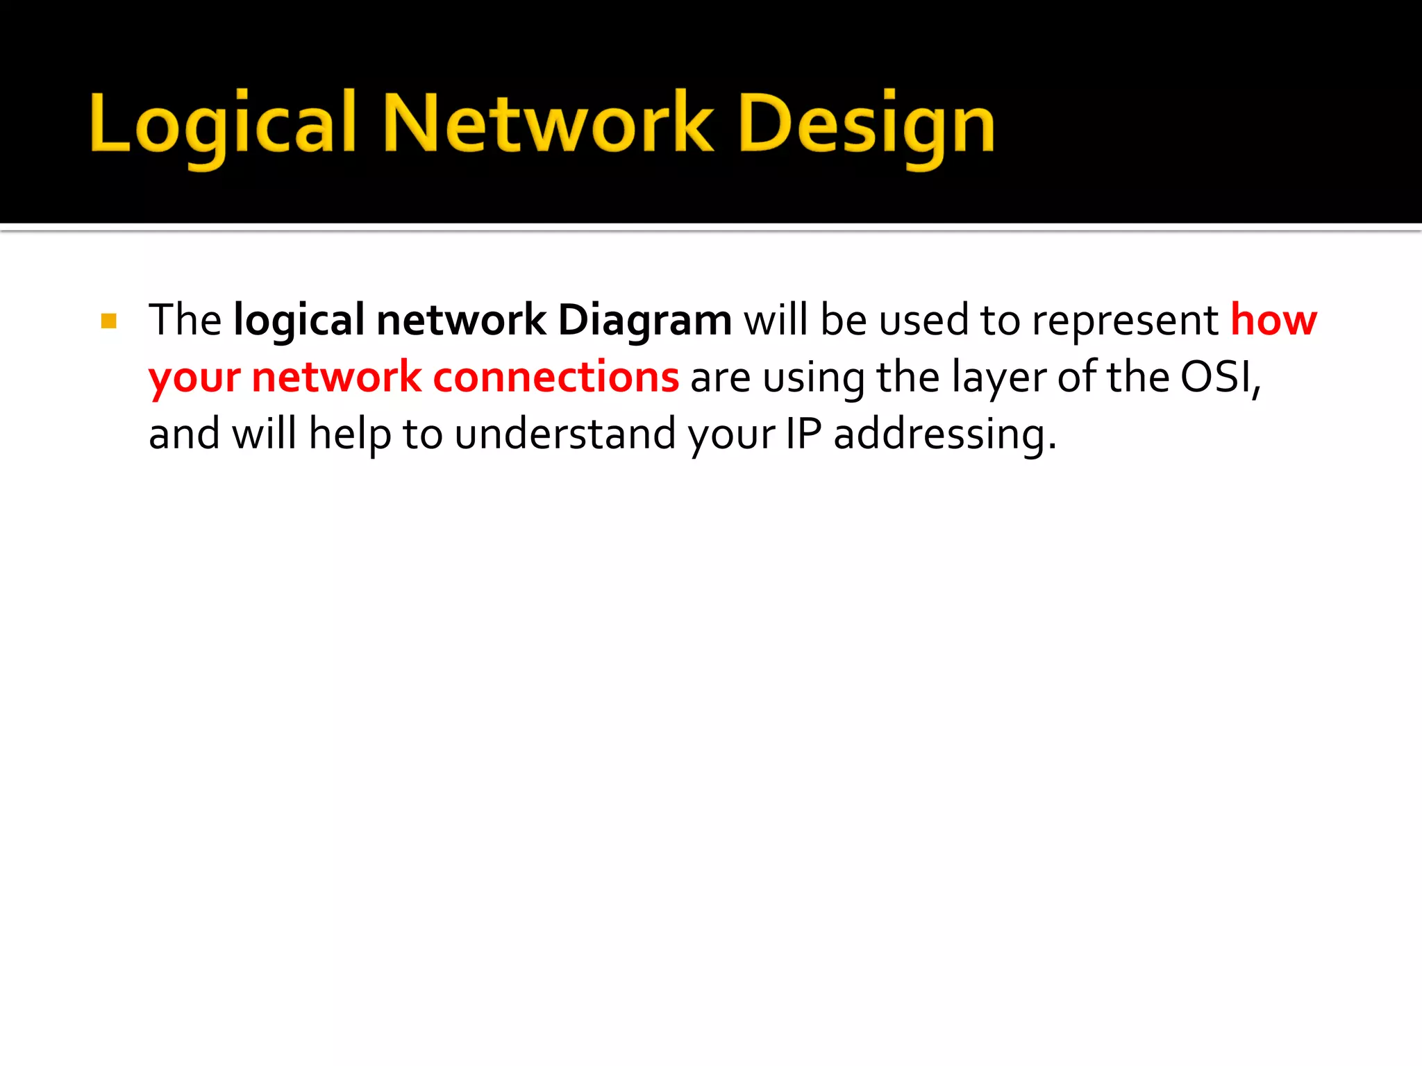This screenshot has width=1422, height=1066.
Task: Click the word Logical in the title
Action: coord(222,125)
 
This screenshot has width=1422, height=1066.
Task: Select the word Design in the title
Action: coord(867,125)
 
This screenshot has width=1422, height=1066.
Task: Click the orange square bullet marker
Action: coord(109,321)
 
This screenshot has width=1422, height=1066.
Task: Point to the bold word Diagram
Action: coord(644,321)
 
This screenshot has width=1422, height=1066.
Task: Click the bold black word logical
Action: coord(299,321)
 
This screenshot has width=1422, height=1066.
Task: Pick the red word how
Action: coord(1273,320)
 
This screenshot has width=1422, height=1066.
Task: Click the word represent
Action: coord(1125,321)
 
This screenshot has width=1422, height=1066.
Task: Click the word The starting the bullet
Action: coord(185,321)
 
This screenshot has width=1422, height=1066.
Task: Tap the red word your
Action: coord(194,378)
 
